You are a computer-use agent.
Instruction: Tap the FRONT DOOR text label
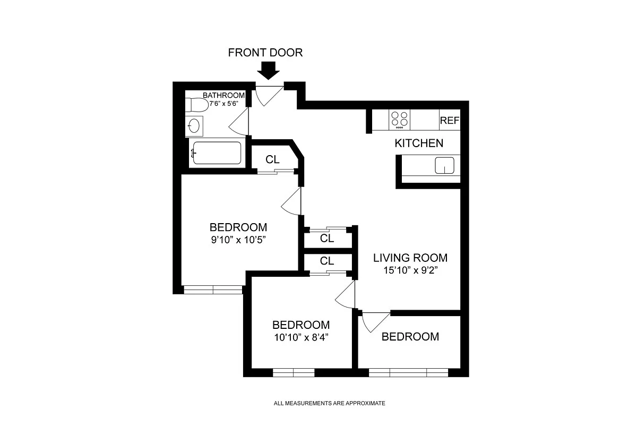pyautogui.click(x=265, y=53)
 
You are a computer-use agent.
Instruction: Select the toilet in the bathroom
pyautogui.click(x=197, y=105)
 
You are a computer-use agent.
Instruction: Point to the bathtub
pyautogui.click(x=217, y=153)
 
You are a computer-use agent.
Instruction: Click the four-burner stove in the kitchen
pyautogui.click(x=399, y=120)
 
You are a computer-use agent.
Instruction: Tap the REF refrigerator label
pyautogui.click(x=449, y=121)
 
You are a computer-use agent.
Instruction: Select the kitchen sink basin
pyautogui.click(x=445, y=166)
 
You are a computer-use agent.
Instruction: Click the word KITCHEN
pyautogui.click(x=418, y=143)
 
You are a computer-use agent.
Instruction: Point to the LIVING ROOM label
pyautogui.click(x=410, y=258)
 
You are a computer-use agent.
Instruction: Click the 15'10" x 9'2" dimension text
pyautogui.click(x=410, y=270)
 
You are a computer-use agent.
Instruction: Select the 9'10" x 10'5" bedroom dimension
pyautogui.click(x=238, y=239)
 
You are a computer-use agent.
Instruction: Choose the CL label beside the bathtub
pyautogui.click(x=272, y=159)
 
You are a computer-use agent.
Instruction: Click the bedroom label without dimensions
pyautogui.click(x=410, y=337)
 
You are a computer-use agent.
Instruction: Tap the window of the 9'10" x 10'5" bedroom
pyautogui.click(x=212, y=290)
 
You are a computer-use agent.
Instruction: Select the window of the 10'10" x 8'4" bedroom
pyautogui.click(x=294, y=372)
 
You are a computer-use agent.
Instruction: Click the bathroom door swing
pyautogui.click(x=240, y=122)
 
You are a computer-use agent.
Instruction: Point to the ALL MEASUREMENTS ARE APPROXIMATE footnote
pyautogui.click(x=329, y=404)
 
